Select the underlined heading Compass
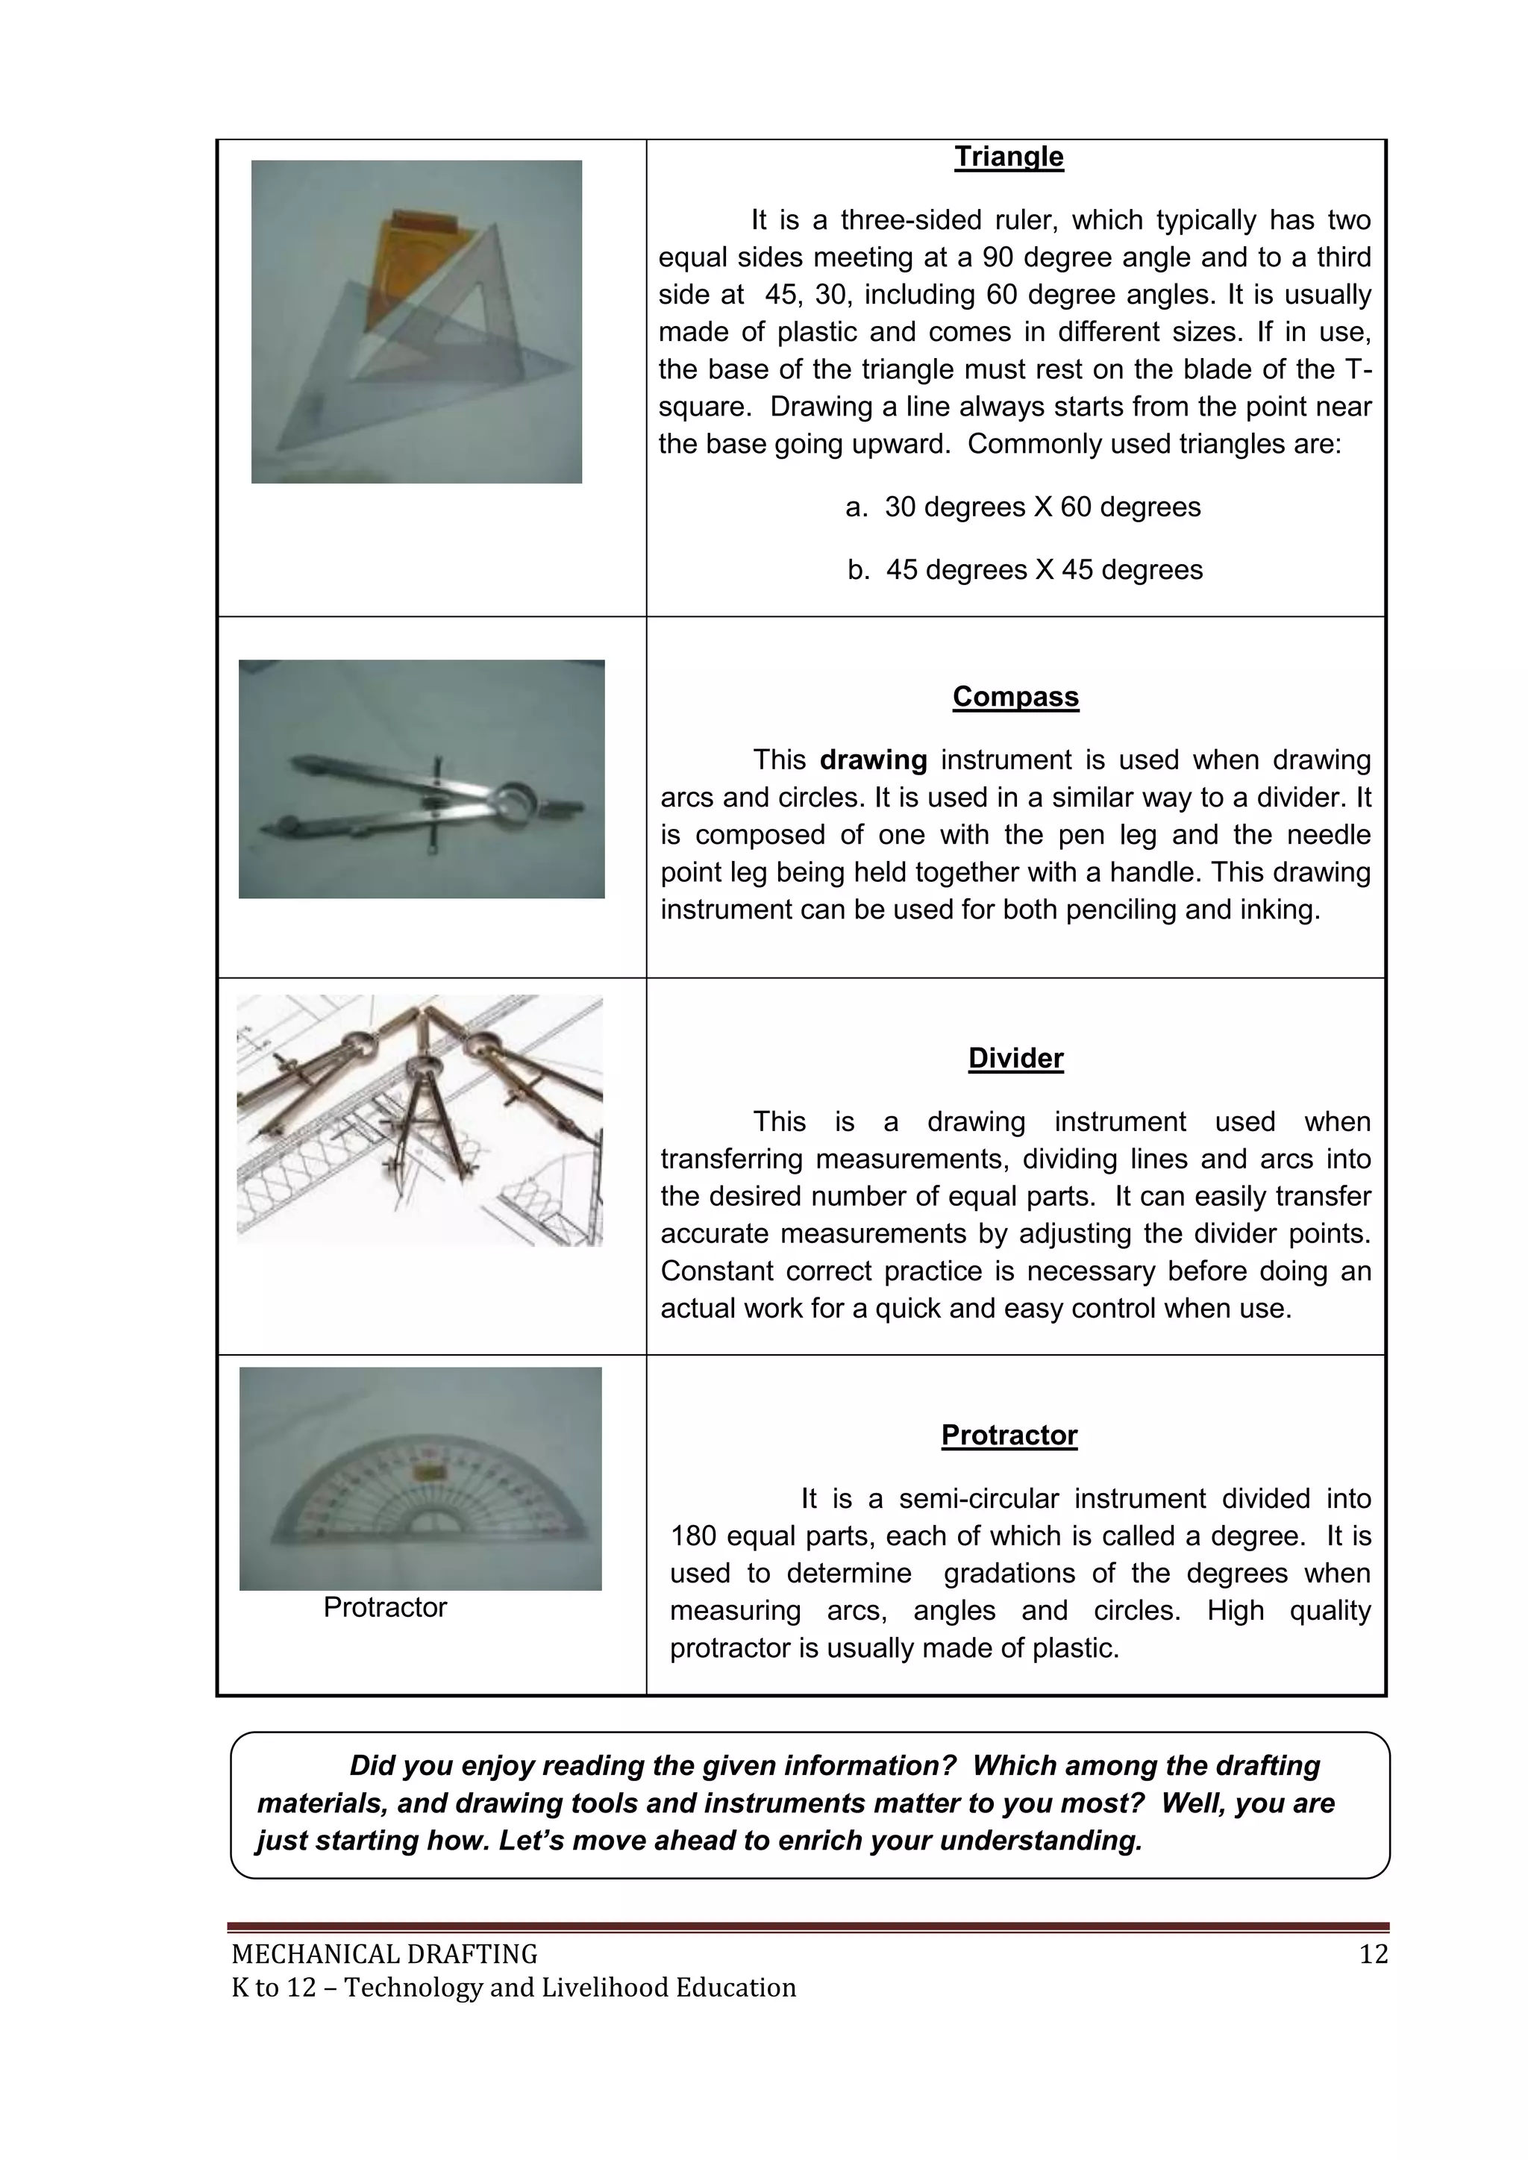(x=1015, y=696)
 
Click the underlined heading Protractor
(x=1009, y=1435)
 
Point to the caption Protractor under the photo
(x=385, y=1607)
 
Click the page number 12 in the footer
(x=1374, y=1955)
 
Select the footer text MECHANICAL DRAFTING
(x=384, y=1955)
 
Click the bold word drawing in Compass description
(x=873, y=760)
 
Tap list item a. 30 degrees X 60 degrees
(x=1023, y=507)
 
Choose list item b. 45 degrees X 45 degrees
(x=1024, y=570)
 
